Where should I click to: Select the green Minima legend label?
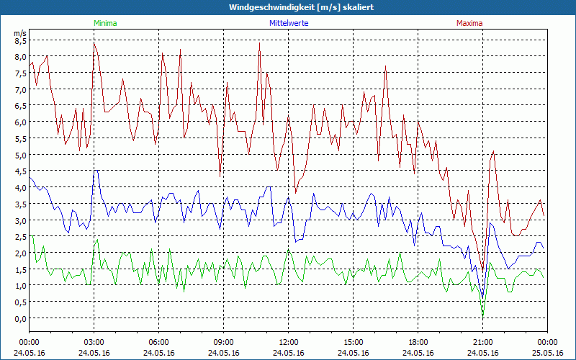pos(105,23)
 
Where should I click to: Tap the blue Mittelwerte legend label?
pos(289,23)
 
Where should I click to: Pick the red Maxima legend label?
pos(469,23)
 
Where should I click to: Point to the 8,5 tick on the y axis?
pos(20,40)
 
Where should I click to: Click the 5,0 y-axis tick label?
pos(20,155)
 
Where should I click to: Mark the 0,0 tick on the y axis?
pos(20,318)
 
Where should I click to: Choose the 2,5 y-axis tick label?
pos(20,237)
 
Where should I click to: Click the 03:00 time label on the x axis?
pos(94,342)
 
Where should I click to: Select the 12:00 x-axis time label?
pos(289,342)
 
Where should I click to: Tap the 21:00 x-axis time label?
pos(483,342)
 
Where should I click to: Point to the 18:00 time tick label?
pos(418,342)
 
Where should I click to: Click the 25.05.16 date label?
pos(547,353)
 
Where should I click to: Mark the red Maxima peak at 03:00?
pos(94,43)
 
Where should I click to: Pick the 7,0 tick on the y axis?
pos(20,89)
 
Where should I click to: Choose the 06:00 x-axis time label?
pos(159,342)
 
